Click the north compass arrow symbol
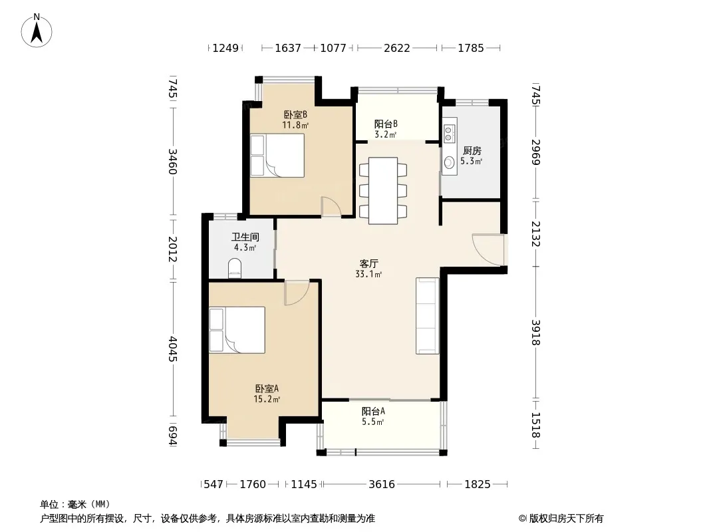point(37,31)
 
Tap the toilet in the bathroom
point(235,267)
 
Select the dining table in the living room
point(383,190)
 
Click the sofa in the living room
point(427,315)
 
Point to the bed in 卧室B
point(277,156)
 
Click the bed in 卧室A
point(237,330)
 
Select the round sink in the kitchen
point(448,162)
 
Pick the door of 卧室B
point(331,207)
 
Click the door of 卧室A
point(297,293)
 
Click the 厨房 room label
point(472,151)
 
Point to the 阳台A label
point(373,412)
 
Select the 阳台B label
point(386,124)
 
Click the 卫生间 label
point(245,237)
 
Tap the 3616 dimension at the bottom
point(382,484)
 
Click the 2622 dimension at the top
point(397,48)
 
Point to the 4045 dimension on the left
point(172,348)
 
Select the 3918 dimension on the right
point(536,332)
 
